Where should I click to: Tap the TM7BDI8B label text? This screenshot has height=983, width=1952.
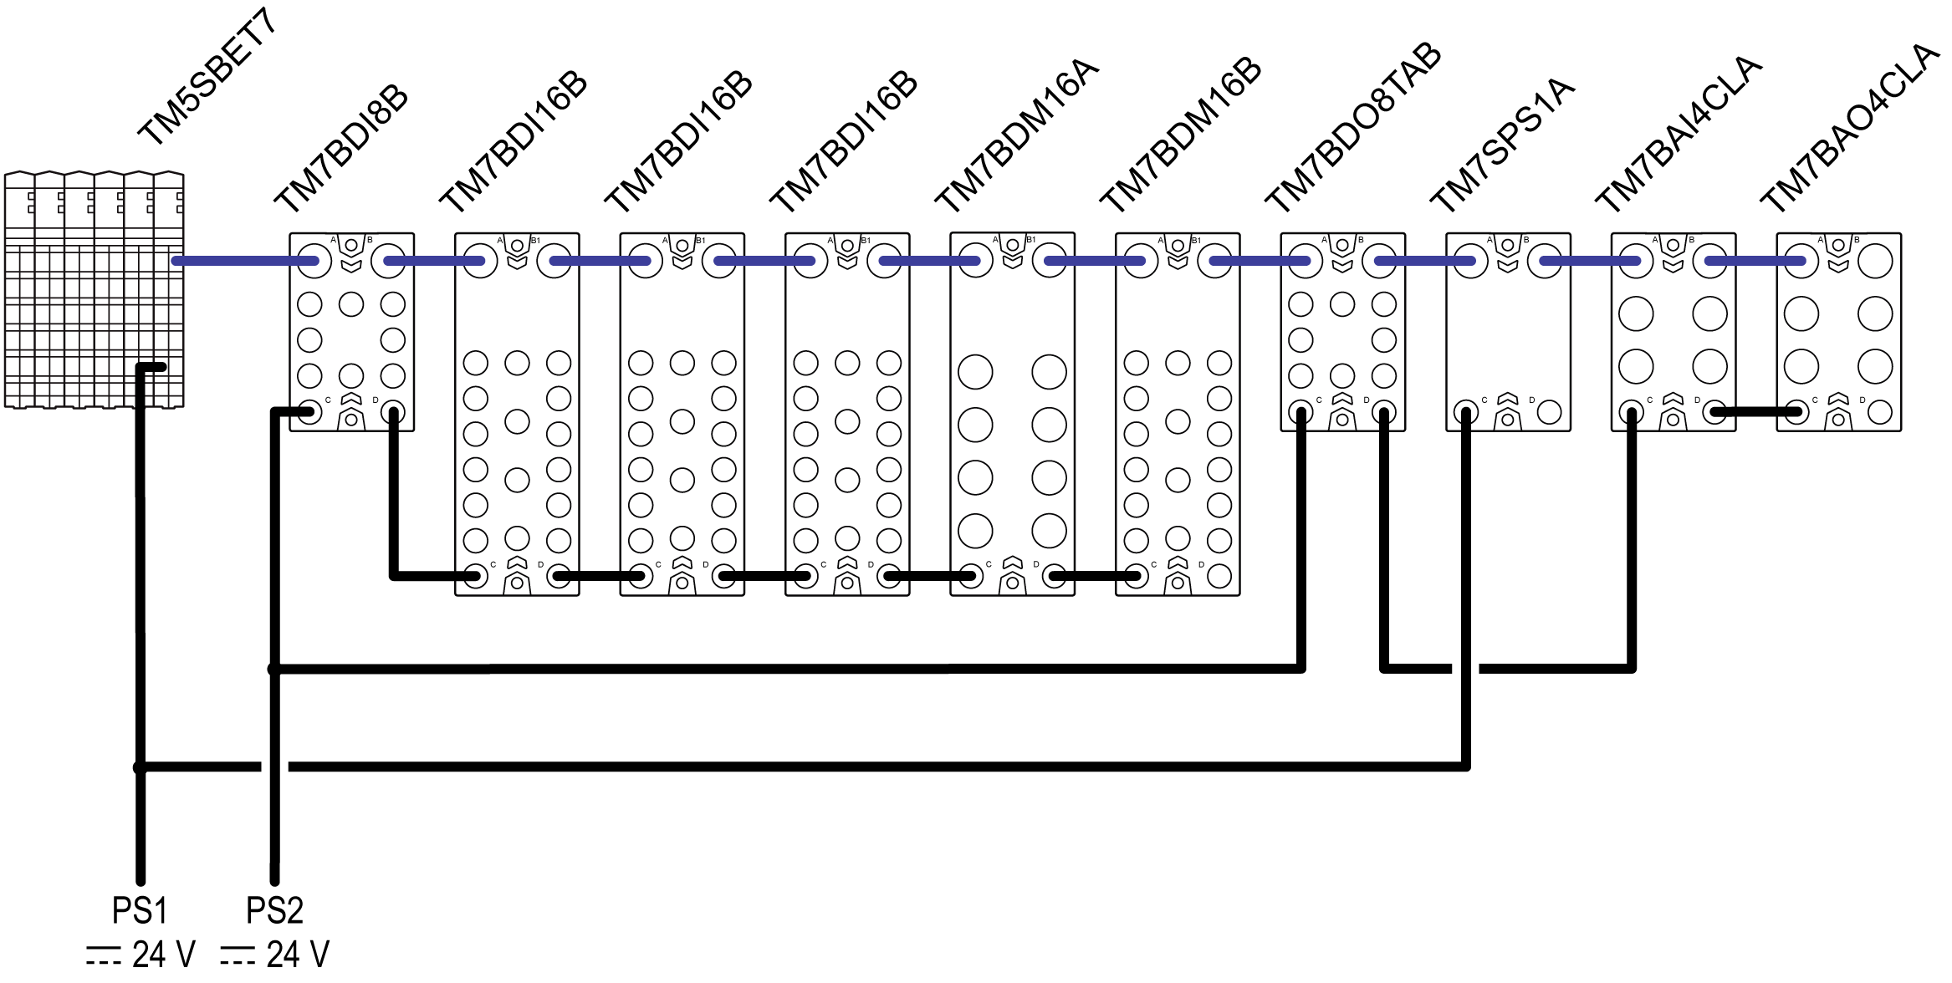tap(341, 150)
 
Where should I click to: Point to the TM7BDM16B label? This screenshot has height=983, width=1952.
tap(1179, 138)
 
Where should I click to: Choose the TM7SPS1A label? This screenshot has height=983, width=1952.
tap(1502, 146)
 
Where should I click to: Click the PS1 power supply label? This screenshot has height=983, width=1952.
tap(140, 910)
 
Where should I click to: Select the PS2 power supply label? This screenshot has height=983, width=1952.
tap(274, 910)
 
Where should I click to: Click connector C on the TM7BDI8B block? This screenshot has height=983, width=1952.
tap(310, 411)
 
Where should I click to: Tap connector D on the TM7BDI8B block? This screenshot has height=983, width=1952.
tap(393, 411)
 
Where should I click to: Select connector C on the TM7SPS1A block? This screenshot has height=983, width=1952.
tap(1466, 411)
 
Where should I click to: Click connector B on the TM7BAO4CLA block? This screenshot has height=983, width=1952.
tap(1875, 262)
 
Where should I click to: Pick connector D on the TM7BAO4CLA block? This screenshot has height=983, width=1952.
tap(1880, 411)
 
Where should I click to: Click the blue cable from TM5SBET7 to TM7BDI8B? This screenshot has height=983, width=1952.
tap(243, 262)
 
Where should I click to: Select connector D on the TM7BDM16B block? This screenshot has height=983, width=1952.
tap(1219, 576)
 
